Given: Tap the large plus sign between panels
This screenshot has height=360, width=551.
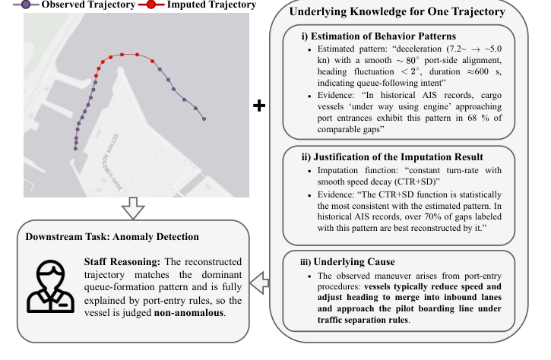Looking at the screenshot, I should click(x=260, y=106).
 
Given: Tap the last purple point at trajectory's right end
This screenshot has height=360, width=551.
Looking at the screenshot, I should click(x=203, y=118).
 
